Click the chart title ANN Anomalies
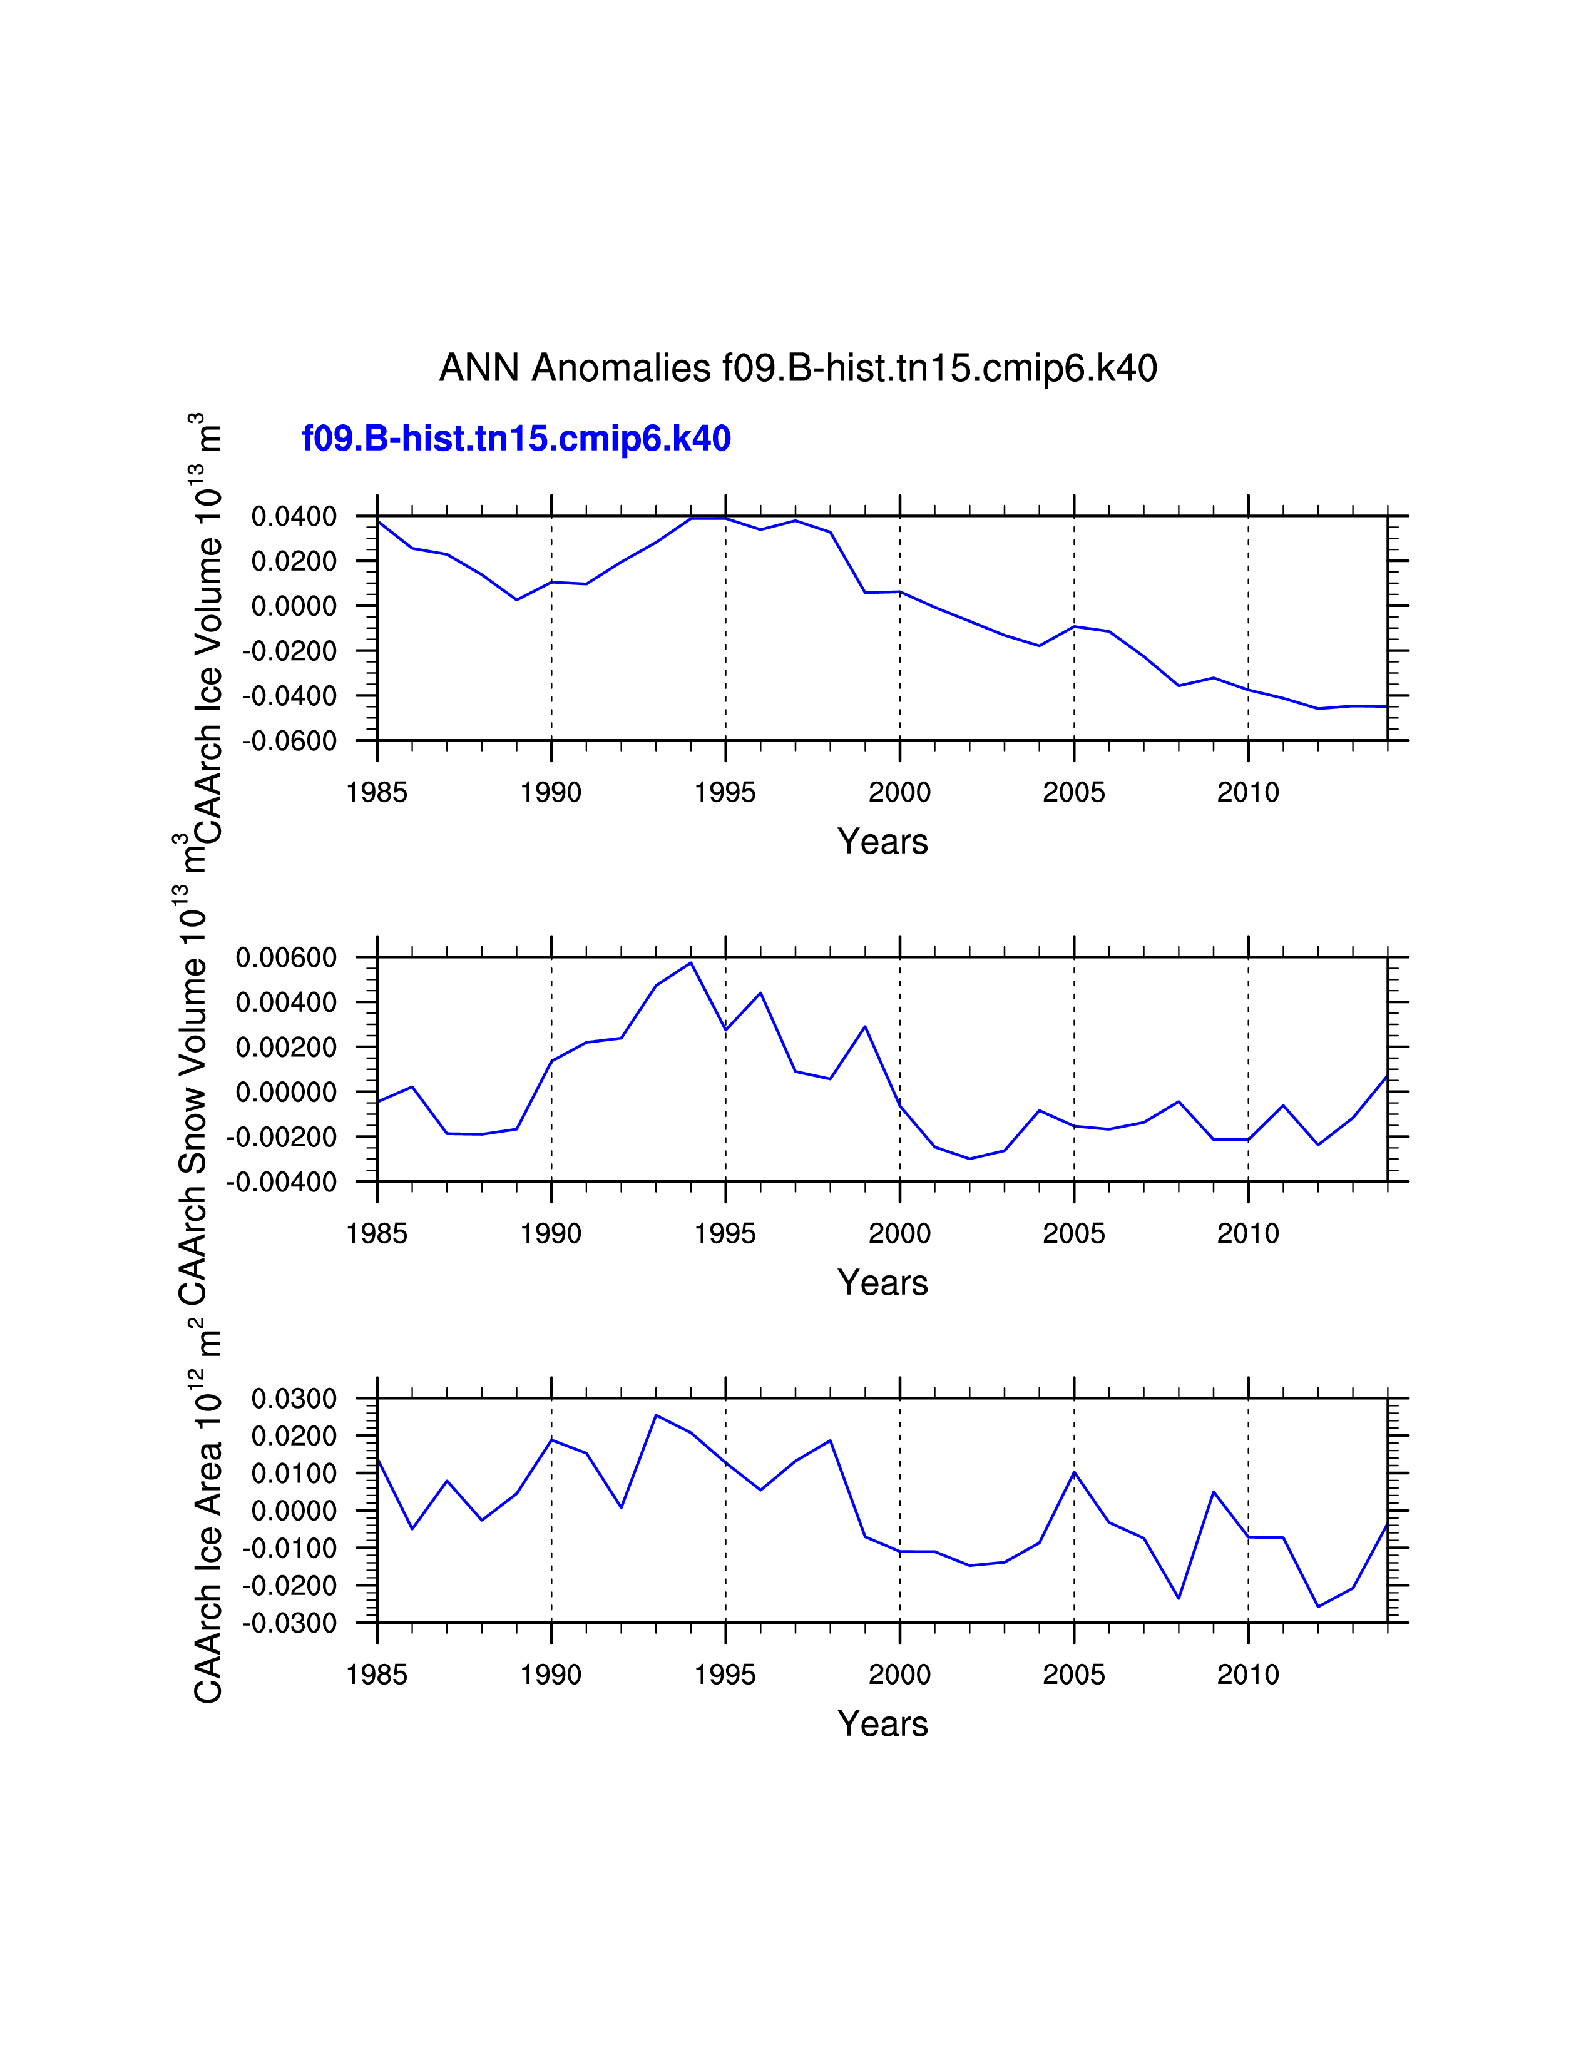click(x=797, y=368)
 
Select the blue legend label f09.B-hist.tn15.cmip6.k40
click(x=516, y=439)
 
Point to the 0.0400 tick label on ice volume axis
click(x=294, y=516)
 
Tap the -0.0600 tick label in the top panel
click(x=289, y=740)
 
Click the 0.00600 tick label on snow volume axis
click(x=287, y=958)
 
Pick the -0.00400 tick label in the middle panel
click(x=282, y=1182)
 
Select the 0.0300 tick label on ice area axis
click(x=294, y=1399)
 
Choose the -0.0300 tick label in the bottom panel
click(x=289, y=1623)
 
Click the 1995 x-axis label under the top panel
click(x=725, y=792)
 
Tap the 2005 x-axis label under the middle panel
click(x=1074, y=1234)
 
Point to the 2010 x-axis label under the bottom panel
click(x=1248, y=1675)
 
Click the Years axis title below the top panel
click(x=882, y=842)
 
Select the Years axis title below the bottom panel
click(x=882, y=1724)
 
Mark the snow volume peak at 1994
click(x=691, y=962)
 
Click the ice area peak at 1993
click(x=656, y=1415)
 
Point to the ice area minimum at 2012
click(x=1318, y=1606)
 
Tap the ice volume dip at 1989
click(x=516, y=599)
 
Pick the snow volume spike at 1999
click(x=865, y=1027)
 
